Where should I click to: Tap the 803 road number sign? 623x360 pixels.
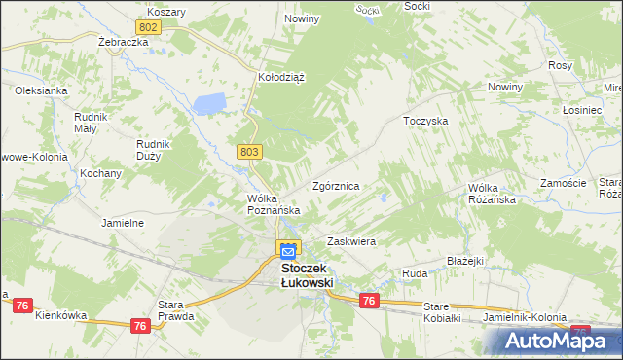click(x=249, y=151)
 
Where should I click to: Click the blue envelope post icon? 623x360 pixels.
click(x=289, y=251)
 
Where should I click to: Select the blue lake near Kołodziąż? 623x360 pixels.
click(x=210, y=102)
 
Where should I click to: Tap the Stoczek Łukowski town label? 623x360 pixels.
click(x=307, y=274)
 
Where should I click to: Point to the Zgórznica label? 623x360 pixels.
click(x=337, y=185)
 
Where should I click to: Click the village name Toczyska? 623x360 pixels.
click(x=424, y=121)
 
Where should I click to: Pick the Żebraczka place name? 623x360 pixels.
click(x=123, y=44)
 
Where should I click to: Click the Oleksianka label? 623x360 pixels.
click(x=41, y=90)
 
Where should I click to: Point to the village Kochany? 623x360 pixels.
click(x=101, y=173)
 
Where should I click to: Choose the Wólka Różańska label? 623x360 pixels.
click(x=491, y=194)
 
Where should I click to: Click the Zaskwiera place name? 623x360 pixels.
click(x=351, y=240)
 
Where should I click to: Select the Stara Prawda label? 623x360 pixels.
click(x=177, y=309)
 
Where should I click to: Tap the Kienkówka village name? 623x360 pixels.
click(x=60, y=315)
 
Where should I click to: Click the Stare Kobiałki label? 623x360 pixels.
click(x=449, y=312)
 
